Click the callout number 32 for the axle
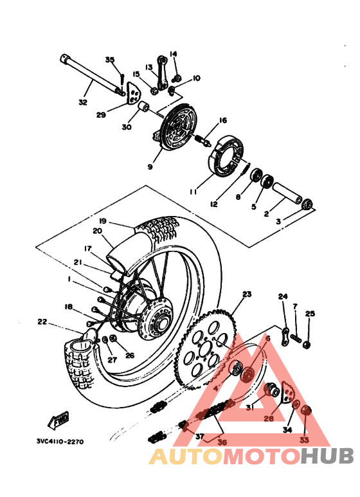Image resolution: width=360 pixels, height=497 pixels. pyautogui.click(x=82, y=102)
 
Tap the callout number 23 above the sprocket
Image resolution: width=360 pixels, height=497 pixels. pyautogui.click(x=246, y=294)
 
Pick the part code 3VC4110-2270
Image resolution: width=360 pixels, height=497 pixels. pyautogui.click(x=59, y=442)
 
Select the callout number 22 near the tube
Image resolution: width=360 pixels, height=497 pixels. pyautogui.click(x=42, y=321)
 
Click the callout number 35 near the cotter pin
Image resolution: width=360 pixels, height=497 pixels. pyautogui.click(x=109, y=60)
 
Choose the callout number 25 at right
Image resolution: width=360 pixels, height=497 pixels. pyautogui.click(x=310, y=314)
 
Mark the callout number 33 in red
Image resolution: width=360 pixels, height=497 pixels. pyautogui.click(x=304, y=440)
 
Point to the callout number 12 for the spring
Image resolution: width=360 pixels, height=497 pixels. pyautogui.click(x=213, y=204)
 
